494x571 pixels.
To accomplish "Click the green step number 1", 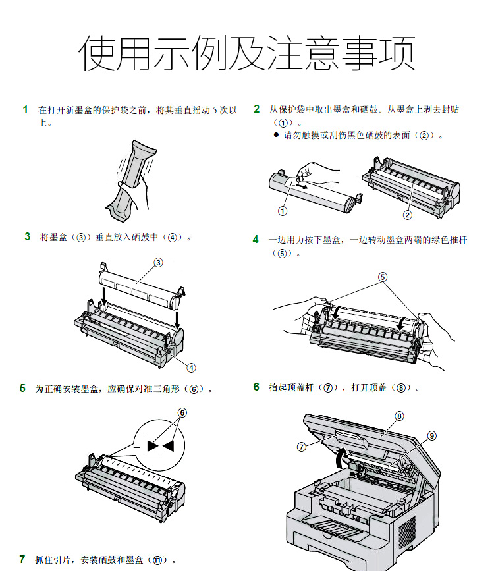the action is coord(25,109).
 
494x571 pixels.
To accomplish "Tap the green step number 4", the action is coord(256,239).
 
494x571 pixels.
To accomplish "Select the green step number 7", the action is coord(22,559).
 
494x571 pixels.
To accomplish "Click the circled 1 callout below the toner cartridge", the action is coord(283,211).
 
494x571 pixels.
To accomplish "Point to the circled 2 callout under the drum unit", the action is coord(407,215).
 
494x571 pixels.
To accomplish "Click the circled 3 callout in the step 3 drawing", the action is coord(158,263).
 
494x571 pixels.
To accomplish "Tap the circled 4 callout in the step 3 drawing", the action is coord(191,367).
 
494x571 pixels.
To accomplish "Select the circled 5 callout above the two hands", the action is coord(382,277).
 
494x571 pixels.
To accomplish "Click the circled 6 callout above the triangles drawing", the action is coord(182,412).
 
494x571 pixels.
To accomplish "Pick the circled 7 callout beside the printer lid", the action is coord(301,447).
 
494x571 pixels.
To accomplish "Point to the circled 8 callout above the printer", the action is coord(399,416).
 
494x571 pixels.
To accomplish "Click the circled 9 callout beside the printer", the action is coord(431,435).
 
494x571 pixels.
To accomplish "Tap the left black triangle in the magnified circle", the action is coord(152,446).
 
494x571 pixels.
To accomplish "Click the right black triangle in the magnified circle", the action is coord(169,446).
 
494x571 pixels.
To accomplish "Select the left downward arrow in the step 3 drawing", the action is coord(104,296).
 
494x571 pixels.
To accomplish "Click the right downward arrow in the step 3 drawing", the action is coord(177,319).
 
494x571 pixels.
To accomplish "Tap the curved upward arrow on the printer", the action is coord(339,457).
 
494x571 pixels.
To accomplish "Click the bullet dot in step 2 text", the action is coord(276,135).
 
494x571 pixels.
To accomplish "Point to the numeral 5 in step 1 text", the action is coord(215,109).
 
